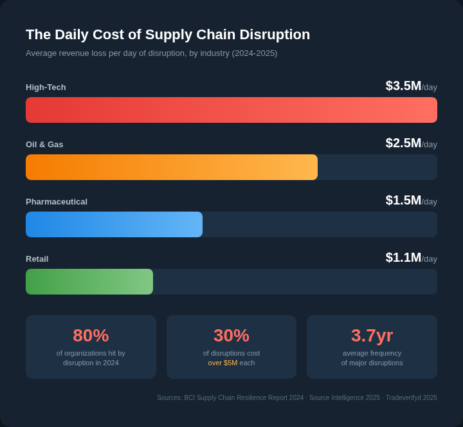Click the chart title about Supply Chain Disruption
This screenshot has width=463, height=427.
pyautogui.click(x=168, y=35)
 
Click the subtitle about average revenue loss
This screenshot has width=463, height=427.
pyautogui.click(x=151, y=53)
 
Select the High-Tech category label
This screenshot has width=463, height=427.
pyautogui.click(x=46, y=87)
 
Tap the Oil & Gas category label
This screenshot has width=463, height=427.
pyautogui.click(x=44, y=145)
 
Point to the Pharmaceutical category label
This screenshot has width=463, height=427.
pyautogui.click(x=57, y=202)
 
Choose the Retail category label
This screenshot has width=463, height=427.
pyautogui.click(x=37, y=259)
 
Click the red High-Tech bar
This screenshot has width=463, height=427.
pyautogui.click(x=232, y=110)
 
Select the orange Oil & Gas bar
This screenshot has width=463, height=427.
pyautogui.click(x=172, y=167)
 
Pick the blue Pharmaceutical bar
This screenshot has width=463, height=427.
pyautogui.click(x=114, y=224)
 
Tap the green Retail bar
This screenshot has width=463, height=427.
pyautogui.click(x=89, y=282)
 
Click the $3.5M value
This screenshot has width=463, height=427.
pyautogui.click(x=403, y=86)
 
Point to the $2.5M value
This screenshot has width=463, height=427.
pyautogui.click(x=403, y=143)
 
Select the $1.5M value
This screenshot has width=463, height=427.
pyautogui.click(x=403, y=201)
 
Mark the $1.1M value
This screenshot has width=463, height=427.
pyautogui.click(x=403, y=258)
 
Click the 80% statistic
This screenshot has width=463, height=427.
pyautogui.click(x=91, y=336)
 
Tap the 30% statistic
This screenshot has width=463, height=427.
pyautogui.click(x=232, y=336)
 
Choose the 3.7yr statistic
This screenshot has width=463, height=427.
pyautogui.click(x=372, y=336)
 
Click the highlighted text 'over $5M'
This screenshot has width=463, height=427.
pyautogui.click(x=222, y=363)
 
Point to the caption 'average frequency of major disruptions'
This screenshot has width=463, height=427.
pyautogui.click(x=372, y=358)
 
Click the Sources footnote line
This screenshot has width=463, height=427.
pyautogui.click(x=296, y=398)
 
